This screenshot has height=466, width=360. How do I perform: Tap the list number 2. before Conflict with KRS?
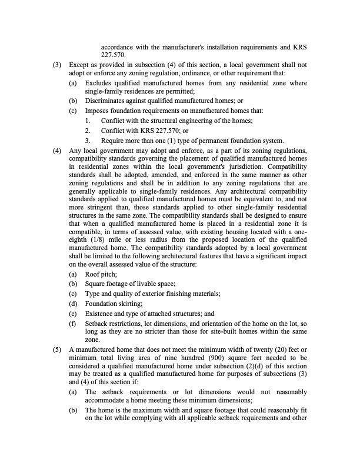(x=88, y=131)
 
